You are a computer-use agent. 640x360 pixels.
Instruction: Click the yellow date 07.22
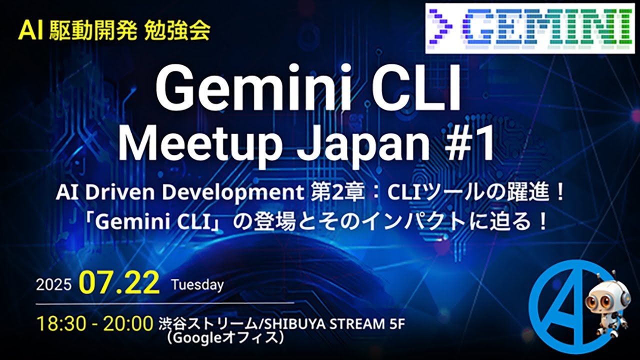point(119,283)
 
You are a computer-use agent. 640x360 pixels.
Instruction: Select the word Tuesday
point(197,284)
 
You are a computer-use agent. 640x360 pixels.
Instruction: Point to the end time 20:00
point(128,324)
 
